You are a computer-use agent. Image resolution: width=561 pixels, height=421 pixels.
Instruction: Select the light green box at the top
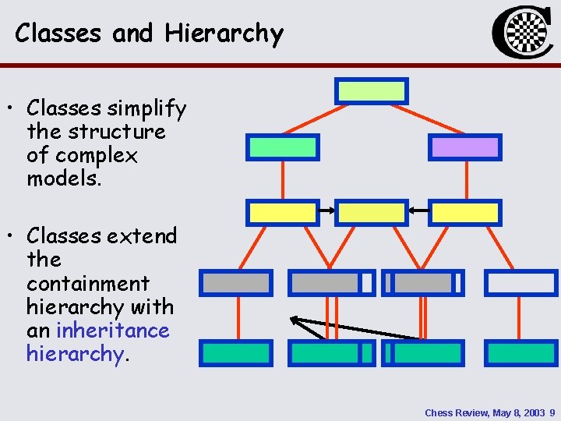tap(372, 91)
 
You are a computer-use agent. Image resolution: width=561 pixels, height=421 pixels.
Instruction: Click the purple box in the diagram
tap(465, 147)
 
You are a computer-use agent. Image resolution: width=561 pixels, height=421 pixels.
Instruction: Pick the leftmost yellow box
tap(281, 212)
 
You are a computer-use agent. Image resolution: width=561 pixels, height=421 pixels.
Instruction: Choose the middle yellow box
tap(372, 212)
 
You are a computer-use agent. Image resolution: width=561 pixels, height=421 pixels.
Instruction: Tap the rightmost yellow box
tap(465, 212)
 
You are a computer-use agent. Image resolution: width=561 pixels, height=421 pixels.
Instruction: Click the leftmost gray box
tap(236, 282)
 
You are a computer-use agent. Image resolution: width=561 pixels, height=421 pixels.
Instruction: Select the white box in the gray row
tap(521, 282)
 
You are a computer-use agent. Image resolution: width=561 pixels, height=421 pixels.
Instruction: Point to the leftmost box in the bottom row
tap(236, 353)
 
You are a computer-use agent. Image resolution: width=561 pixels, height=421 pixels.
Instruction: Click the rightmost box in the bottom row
tap(521, 353)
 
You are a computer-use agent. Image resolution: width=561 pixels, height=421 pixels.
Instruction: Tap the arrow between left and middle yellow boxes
tap(327, 210)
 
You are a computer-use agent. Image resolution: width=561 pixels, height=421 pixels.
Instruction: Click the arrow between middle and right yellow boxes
tap(418, 210)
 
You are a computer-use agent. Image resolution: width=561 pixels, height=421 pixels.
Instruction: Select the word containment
tap(87, 283)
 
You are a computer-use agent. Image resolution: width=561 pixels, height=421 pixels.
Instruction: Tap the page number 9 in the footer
tap(552, 412)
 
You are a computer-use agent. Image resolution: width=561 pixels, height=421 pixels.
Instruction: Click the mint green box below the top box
tap(282, 147)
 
